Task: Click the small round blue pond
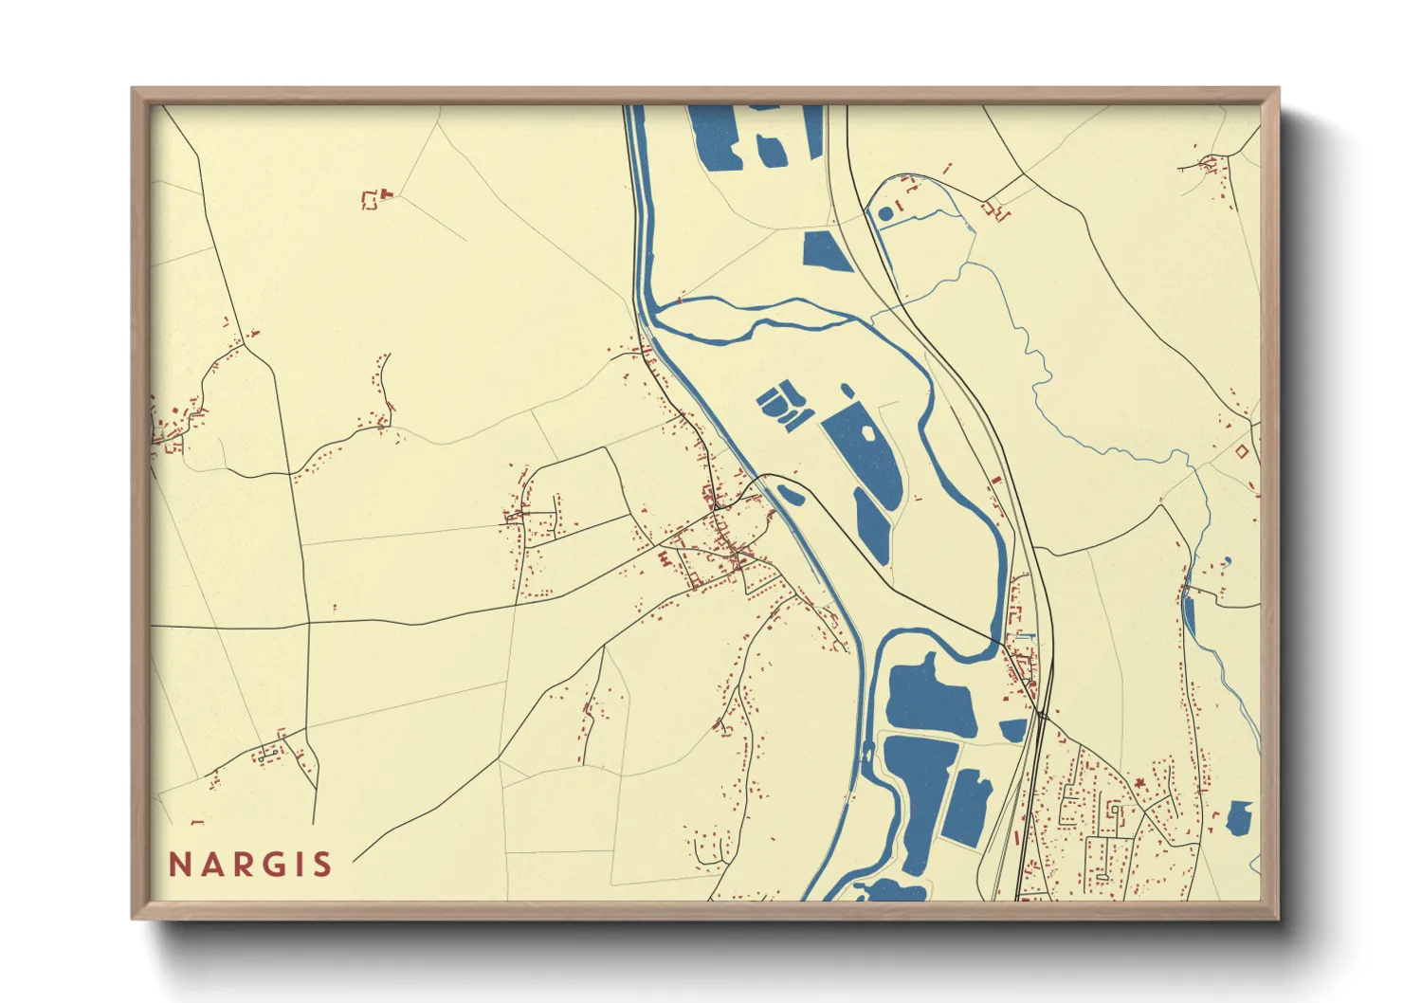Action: (x=885, y=214)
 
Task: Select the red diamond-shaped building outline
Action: (x=1241, y=452)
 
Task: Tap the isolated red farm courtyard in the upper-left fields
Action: (x=372, y=199)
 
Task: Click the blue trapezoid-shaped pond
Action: (x=826, y=251)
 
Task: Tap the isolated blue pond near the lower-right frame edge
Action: (x=1239, y=817)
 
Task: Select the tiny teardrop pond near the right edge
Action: (x=1228, y=561)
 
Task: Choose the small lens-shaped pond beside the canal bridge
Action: (x=791, y=494)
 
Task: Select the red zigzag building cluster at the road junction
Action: (x=995, y=210)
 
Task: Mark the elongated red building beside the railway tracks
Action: (x=994, y=482)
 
